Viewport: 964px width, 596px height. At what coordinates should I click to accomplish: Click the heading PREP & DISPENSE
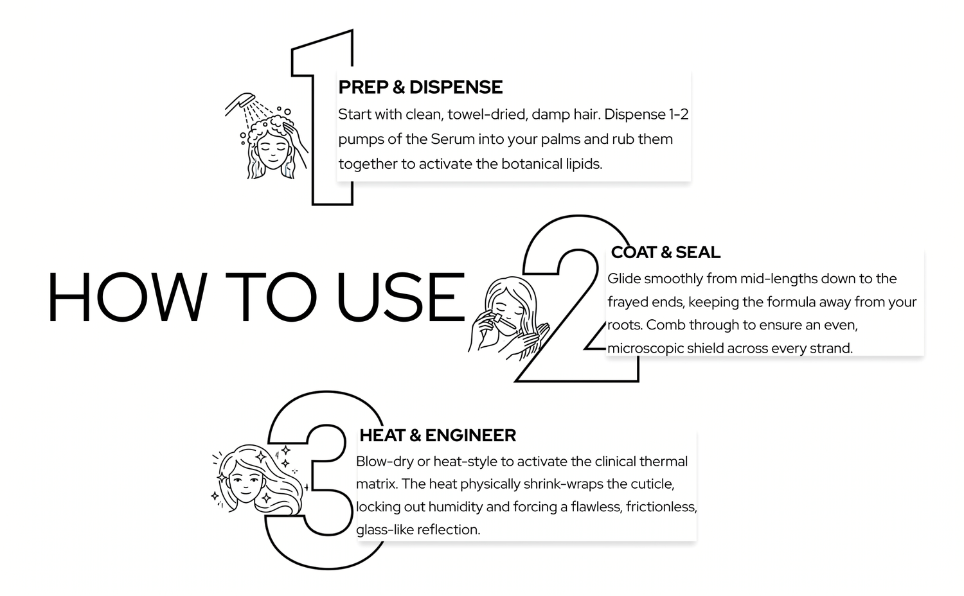point(420,87)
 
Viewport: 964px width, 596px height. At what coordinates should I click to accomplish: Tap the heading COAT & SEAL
point(665,252)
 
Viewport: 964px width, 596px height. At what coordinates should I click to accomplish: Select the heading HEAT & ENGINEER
point(438,435)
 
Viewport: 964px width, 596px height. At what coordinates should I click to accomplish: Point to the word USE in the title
point(400,297)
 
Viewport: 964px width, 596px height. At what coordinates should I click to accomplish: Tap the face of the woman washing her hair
point(272,149)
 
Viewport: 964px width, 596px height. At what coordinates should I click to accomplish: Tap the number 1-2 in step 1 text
point(678,114)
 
